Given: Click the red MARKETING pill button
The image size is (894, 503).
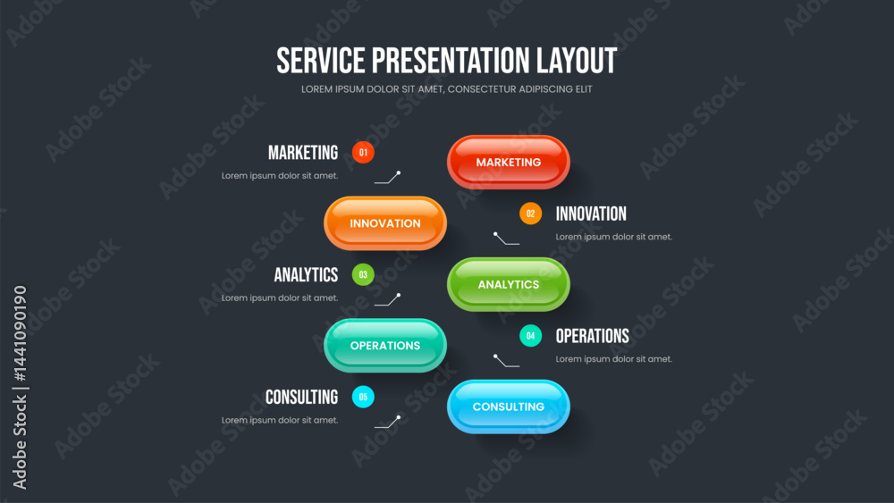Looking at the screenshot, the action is click(x=508, y=162).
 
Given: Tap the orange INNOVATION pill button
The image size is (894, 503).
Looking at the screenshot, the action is click(x=384, y=223).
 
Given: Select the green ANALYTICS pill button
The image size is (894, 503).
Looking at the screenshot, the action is click(x=508, y=284).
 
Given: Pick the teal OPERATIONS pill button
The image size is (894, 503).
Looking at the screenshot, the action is click(x=384, y=345).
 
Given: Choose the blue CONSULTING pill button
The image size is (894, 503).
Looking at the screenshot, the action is click(x=508, y=407).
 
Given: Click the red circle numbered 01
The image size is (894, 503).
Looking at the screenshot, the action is click(x=363, y=152).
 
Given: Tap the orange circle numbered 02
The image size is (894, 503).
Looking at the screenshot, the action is click(x=530, y=214).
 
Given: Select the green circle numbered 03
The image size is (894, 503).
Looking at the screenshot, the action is click(x=363, y=274).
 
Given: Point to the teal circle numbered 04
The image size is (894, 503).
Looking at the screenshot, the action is click(x=530, y=336).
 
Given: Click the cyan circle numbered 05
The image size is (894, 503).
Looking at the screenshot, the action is click(x=363, y=397).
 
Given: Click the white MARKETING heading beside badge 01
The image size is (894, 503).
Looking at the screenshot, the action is click(x=303, y=153).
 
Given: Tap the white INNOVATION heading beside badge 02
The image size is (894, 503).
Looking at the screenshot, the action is click(x=591, y=214).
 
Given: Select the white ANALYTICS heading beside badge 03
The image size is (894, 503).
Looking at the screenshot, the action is click(x=306, y=274).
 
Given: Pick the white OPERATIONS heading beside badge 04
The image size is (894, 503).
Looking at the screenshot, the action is click(x=593, y=336).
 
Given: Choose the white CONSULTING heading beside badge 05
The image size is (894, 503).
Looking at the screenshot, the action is click(x=301, y=397).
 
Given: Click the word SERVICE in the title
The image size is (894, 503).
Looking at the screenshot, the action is click(x=320, y=61).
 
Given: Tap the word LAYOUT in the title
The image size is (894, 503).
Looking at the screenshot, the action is click(x=577, y=61).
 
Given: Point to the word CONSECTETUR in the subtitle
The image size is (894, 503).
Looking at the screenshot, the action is click(x=482, y=88).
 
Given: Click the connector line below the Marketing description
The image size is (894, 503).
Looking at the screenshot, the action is click(x=388, y=178).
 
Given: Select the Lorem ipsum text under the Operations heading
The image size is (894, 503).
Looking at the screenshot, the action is click(x=614, y=359).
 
